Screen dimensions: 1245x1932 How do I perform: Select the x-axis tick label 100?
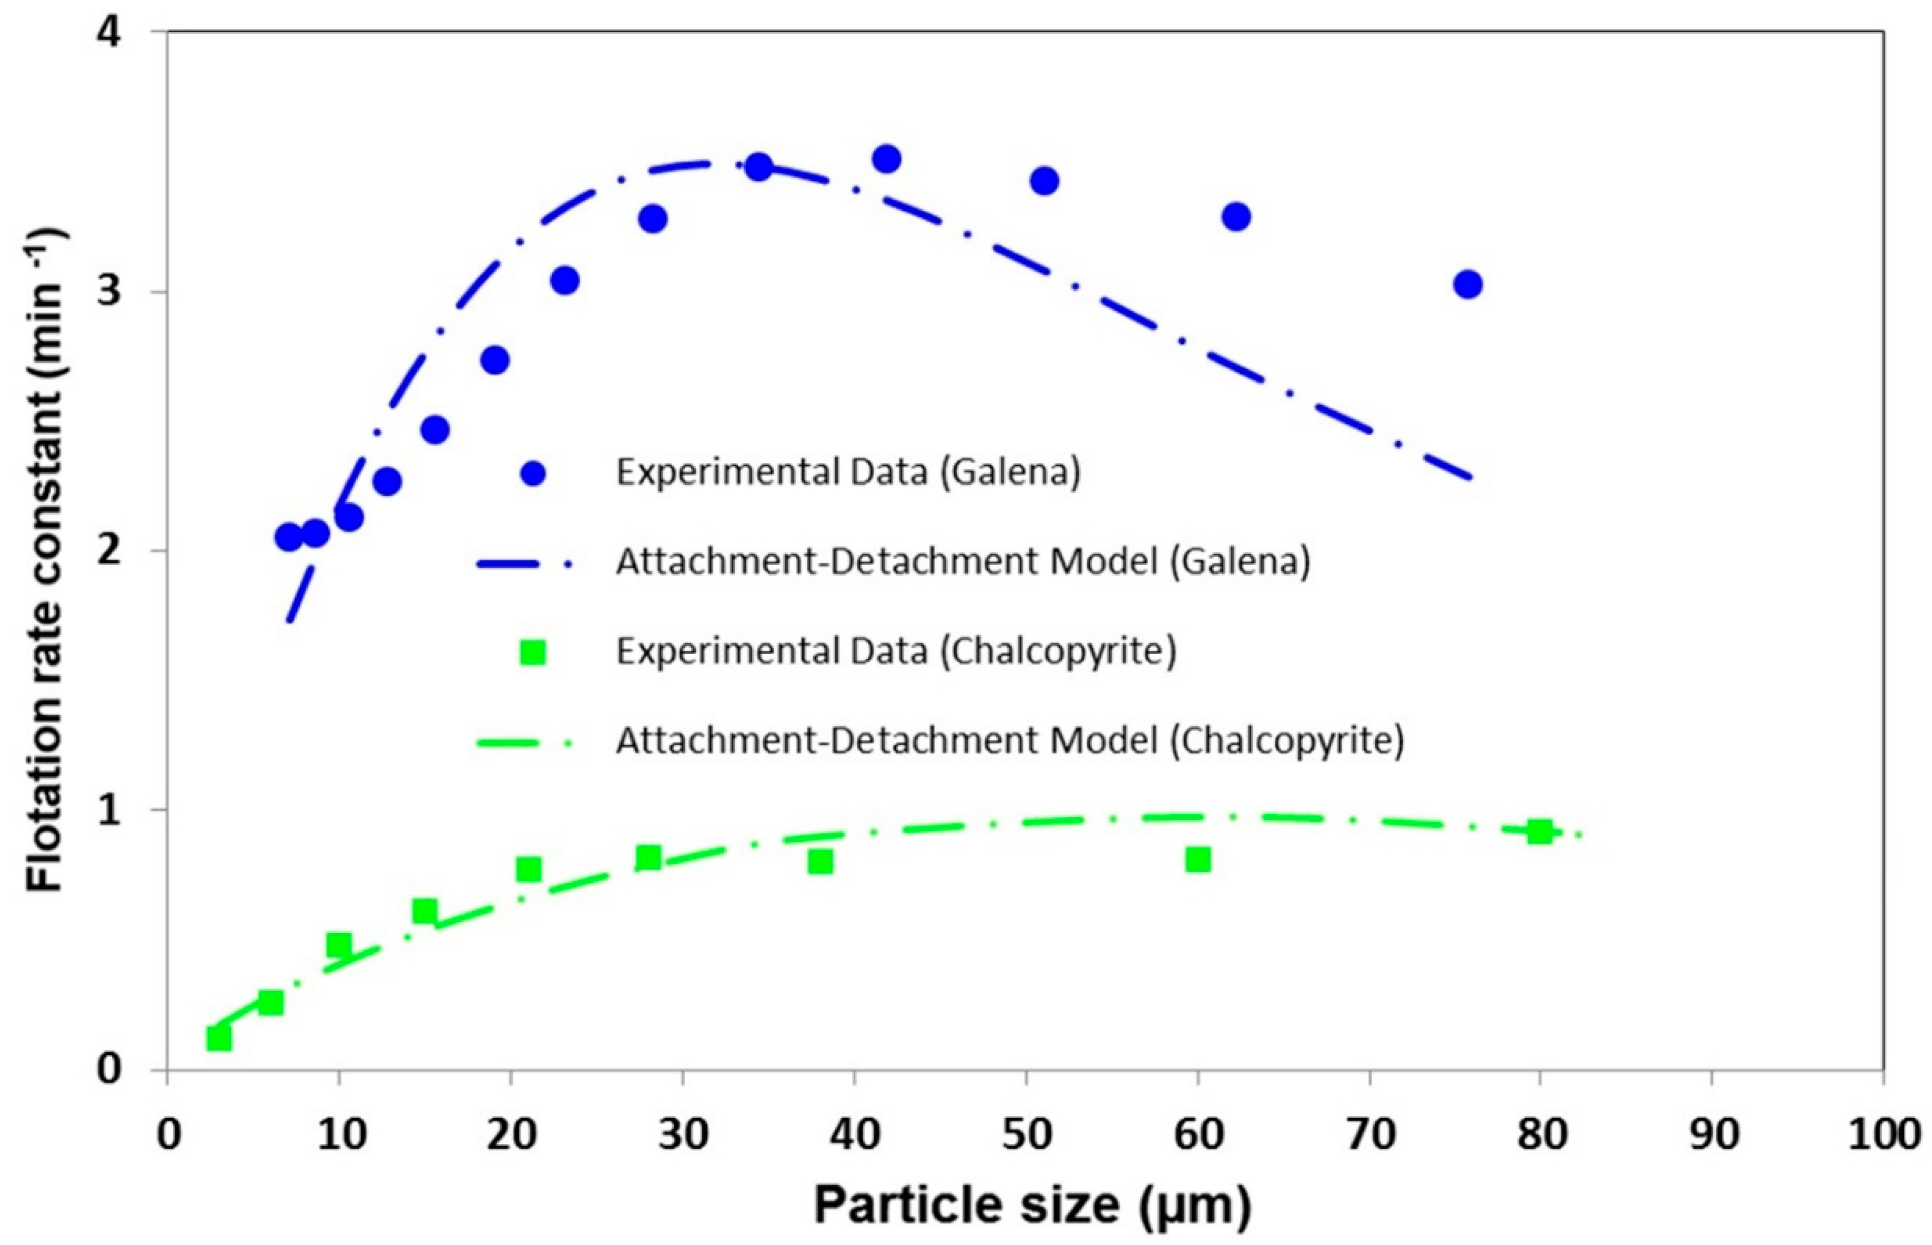[1883, 1134]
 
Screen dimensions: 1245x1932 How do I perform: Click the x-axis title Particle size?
[1031, 1205]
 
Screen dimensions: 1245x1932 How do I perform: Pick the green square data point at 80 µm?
[1539, 831]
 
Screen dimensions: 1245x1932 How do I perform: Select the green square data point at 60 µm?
[1198, 859]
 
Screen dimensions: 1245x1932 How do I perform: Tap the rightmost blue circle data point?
[1468, 284]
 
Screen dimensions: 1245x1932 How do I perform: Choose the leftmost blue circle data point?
[288, 538]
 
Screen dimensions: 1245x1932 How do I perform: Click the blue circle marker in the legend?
[532, 473]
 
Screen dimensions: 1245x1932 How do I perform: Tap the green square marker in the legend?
[532, 652]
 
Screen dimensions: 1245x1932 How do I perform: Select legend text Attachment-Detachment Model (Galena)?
[962, 561]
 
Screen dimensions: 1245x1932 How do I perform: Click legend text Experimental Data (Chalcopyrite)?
[895, 651]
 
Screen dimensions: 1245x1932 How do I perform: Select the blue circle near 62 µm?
[1236, 217]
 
